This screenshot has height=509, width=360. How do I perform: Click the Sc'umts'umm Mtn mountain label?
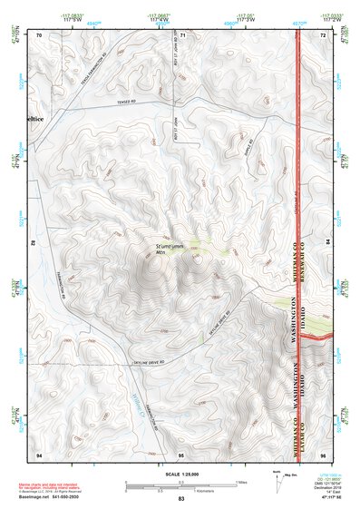pyautogui.click(x=170, y=247)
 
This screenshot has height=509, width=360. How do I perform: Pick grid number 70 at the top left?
pyautogui.click(x=40, y=34)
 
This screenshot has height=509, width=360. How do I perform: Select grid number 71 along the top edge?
pyautogui.click(x=182, y=34)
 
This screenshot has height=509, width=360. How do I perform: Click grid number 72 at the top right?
pyautogui.click(x=322, y=34)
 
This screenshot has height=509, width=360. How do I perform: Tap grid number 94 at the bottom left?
pyautogui.click(x=39, y=453)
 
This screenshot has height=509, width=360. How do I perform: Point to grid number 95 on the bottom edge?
pyautogui.click(x=181, y=453)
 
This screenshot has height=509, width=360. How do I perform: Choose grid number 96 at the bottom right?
pyautogui.click(x=322, y=453)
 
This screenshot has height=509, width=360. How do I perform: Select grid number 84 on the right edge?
pyautogui.click(x=328, y=242)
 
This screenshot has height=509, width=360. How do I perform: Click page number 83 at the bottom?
pyautogui.click(x=181, y=500)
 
